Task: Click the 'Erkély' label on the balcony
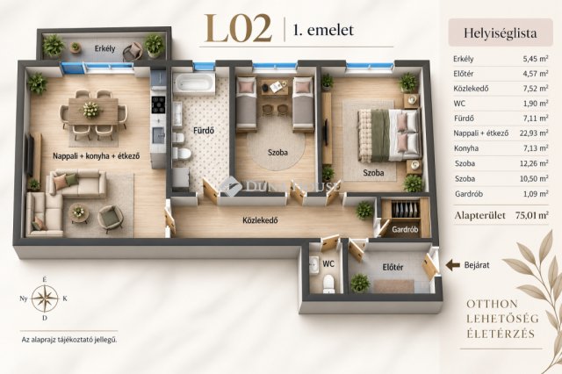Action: pos(104,48)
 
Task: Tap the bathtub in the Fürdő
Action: pos(193,83)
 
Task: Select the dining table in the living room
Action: pos(93,111)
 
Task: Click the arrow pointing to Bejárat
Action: pos(452,265)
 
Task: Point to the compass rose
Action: pos(45,298)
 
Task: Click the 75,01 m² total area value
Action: pos(532,215)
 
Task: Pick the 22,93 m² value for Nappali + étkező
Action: pos(534,133)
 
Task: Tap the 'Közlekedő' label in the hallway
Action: pos(260,220)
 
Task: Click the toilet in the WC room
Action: pos(328,284)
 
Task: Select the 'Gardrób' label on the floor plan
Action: pos(405,229)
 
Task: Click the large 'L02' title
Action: pos(238,29)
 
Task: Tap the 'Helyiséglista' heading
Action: pos(500,33)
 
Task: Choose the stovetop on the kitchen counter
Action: pos(158,104)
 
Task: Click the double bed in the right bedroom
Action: pos(389,135)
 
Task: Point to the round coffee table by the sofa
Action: pos(79,212)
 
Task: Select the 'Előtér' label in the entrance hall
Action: pos(393,267)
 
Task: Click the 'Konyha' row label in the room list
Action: pos(466,148)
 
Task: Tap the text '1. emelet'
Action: pos(323,30)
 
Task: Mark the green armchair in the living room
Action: pos(111,219)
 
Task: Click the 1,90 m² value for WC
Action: pos(536,104)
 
